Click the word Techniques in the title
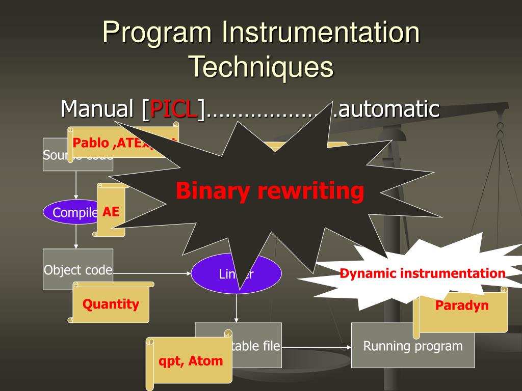[x=261, y=67]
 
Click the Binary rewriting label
[x=270, y=191]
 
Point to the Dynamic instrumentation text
[x=422, y=273]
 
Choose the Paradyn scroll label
[x=461, y=305]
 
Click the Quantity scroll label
[x=111, y=304]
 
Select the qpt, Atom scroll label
[x=191, y=361]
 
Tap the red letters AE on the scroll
[x=111, y=211]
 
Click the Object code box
[x=77, y=270]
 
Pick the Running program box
[x=412, y=347]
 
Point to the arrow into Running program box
[x=316, y=348]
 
